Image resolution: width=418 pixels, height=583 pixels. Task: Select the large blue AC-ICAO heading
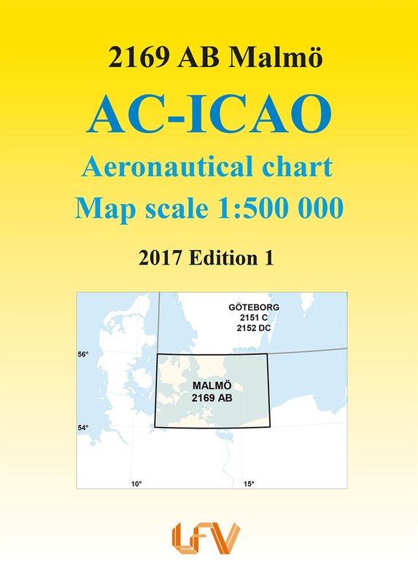pyautogui.click(x=209, y=114)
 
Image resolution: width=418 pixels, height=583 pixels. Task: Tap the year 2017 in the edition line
pyautogui.click(x=160, y=258)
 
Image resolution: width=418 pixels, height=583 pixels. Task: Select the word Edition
pyautogui.click(x=221, y=258)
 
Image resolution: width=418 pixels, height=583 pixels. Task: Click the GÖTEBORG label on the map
pyautogui.click(x=254, y=308)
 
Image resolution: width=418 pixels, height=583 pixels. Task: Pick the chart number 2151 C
pyautogui.click(x=254, y=318)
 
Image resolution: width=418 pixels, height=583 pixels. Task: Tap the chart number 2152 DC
pyautogui.click(x=254, y=328)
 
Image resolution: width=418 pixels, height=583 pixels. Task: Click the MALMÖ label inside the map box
pyautogui.click(x=212, y=386)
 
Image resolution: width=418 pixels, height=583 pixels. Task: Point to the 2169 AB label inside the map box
pyautogui.click(x=212, y=398)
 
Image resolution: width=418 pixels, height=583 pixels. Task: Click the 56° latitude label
pyautogui.click(x=83, y=354)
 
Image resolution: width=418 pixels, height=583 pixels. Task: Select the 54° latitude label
pyautogui.click(x=83, y=428)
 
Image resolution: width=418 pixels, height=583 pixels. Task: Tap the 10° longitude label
pyautogui.click(x=136, y=484)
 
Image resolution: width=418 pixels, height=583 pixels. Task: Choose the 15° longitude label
pyautogui.click(x=249, y=484)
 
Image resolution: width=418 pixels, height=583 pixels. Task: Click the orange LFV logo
pyautogui.click(x=206, y=539)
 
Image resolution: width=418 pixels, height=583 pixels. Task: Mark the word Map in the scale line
pyautogui.click(x=106, y=209)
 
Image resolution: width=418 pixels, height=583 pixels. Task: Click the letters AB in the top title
pyautogui.click(x=198, y=58)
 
